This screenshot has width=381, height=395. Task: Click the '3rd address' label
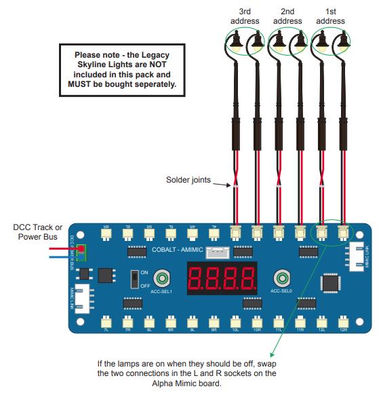click(245, 16)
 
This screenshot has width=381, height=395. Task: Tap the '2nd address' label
click(287, 16)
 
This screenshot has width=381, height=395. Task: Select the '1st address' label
click(330, 16)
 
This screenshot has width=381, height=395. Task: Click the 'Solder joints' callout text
click(188, 181)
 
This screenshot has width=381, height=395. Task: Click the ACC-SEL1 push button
click(161, 278)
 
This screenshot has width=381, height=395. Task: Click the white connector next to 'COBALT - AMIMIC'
click(216, 251)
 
